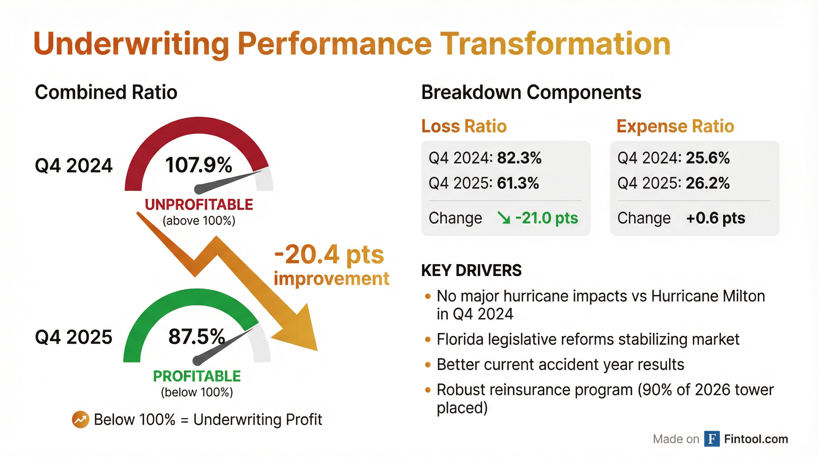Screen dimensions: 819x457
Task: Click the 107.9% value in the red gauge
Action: click(199, 165)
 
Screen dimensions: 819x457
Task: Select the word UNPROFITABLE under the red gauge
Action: click(199, 205)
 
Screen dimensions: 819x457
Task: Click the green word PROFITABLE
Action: click(197, 376)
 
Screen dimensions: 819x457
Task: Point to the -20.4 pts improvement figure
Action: click(329, 255)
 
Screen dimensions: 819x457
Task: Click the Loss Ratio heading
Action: click(464, 126)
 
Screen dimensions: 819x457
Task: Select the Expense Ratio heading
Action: click(676, 126)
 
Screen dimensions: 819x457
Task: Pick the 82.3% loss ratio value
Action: click(519, 158)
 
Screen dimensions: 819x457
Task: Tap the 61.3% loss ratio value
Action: click(518, 183)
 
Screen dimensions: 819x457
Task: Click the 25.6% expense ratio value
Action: click(708, 158)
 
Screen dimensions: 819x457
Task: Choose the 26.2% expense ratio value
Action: click(708, 183)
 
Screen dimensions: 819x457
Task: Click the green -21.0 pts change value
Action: click(546, 218)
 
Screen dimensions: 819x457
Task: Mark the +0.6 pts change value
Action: click(716, 218)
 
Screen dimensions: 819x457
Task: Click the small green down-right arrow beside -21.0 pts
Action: click(504, 218)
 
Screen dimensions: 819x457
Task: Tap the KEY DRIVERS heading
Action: click(471, 270)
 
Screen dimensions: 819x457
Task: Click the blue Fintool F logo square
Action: click(712, 439)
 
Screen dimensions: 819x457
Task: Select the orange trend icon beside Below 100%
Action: click(80, 420)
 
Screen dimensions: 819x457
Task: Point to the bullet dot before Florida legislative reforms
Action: click(428, 340)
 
